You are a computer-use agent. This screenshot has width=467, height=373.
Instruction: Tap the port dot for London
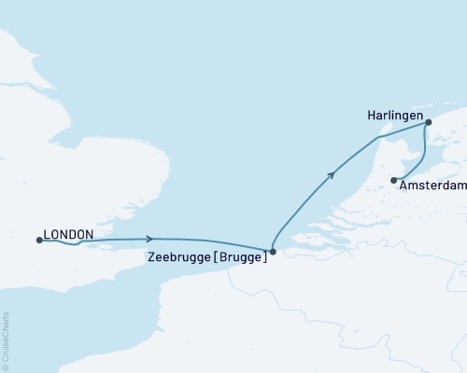39,241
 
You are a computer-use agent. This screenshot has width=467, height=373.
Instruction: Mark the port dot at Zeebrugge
272,251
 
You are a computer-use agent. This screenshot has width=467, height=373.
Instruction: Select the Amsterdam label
432,186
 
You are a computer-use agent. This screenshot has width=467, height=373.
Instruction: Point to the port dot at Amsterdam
394,180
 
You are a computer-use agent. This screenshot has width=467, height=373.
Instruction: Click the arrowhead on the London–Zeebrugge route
149,239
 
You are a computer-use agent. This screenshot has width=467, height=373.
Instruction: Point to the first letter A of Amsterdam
403,186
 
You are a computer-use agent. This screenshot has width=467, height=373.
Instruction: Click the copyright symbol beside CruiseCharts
5,366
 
